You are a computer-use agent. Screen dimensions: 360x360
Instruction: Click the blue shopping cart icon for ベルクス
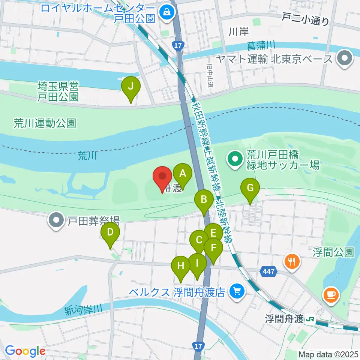(237, 291)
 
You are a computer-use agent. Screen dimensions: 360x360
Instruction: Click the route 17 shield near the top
(177, 45)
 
